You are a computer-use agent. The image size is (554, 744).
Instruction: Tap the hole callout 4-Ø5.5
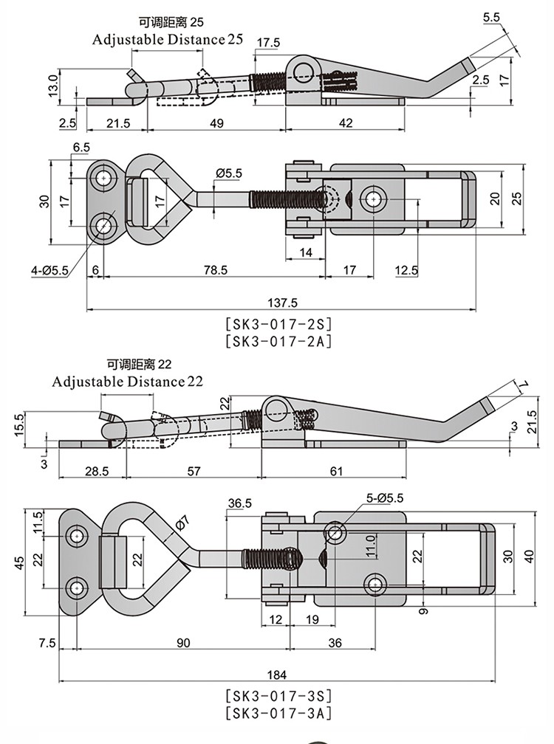pos(49,271)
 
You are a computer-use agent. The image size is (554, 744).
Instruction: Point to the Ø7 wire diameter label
pos(182,526)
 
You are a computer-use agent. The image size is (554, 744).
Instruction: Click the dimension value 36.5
pos(239,503)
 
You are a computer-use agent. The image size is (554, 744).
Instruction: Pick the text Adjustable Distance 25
pos(167,39)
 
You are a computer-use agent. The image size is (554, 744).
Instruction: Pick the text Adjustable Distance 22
pos(127,382)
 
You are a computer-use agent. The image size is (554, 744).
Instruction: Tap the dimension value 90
pos(183,643)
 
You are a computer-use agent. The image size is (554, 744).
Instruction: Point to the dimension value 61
pos(336,471)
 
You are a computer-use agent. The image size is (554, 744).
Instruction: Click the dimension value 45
pos(21,562)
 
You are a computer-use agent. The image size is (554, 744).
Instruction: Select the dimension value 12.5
pos(406,271)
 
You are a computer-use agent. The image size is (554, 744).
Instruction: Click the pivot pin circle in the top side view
pos(303,71)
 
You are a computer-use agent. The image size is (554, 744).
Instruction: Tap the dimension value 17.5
pos(268,43)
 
